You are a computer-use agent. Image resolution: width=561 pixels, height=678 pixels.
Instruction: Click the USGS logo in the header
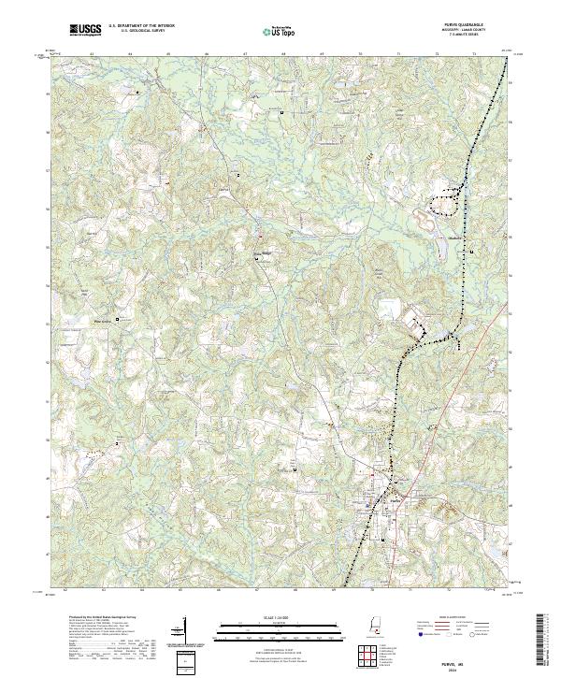pyautogui.click(x=86, y=30)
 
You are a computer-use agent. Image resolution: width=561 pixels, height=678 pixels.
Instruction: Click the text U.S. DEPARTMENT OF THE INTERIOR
pyautogui.click(x=141, y=26)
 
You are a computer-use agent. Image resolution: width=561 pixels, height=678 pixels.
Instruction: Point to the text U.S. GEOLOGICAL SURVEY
pyautogui.click(x=141, y=31)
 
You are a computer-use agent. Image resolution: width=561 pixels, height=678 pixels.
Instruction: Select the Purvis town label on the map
pyautogui.click(x=392, y=500)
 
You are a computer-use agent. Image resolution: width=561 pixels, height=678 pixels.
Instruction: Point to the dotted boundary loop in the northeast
pyautogui.click(x=447, y=201)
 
